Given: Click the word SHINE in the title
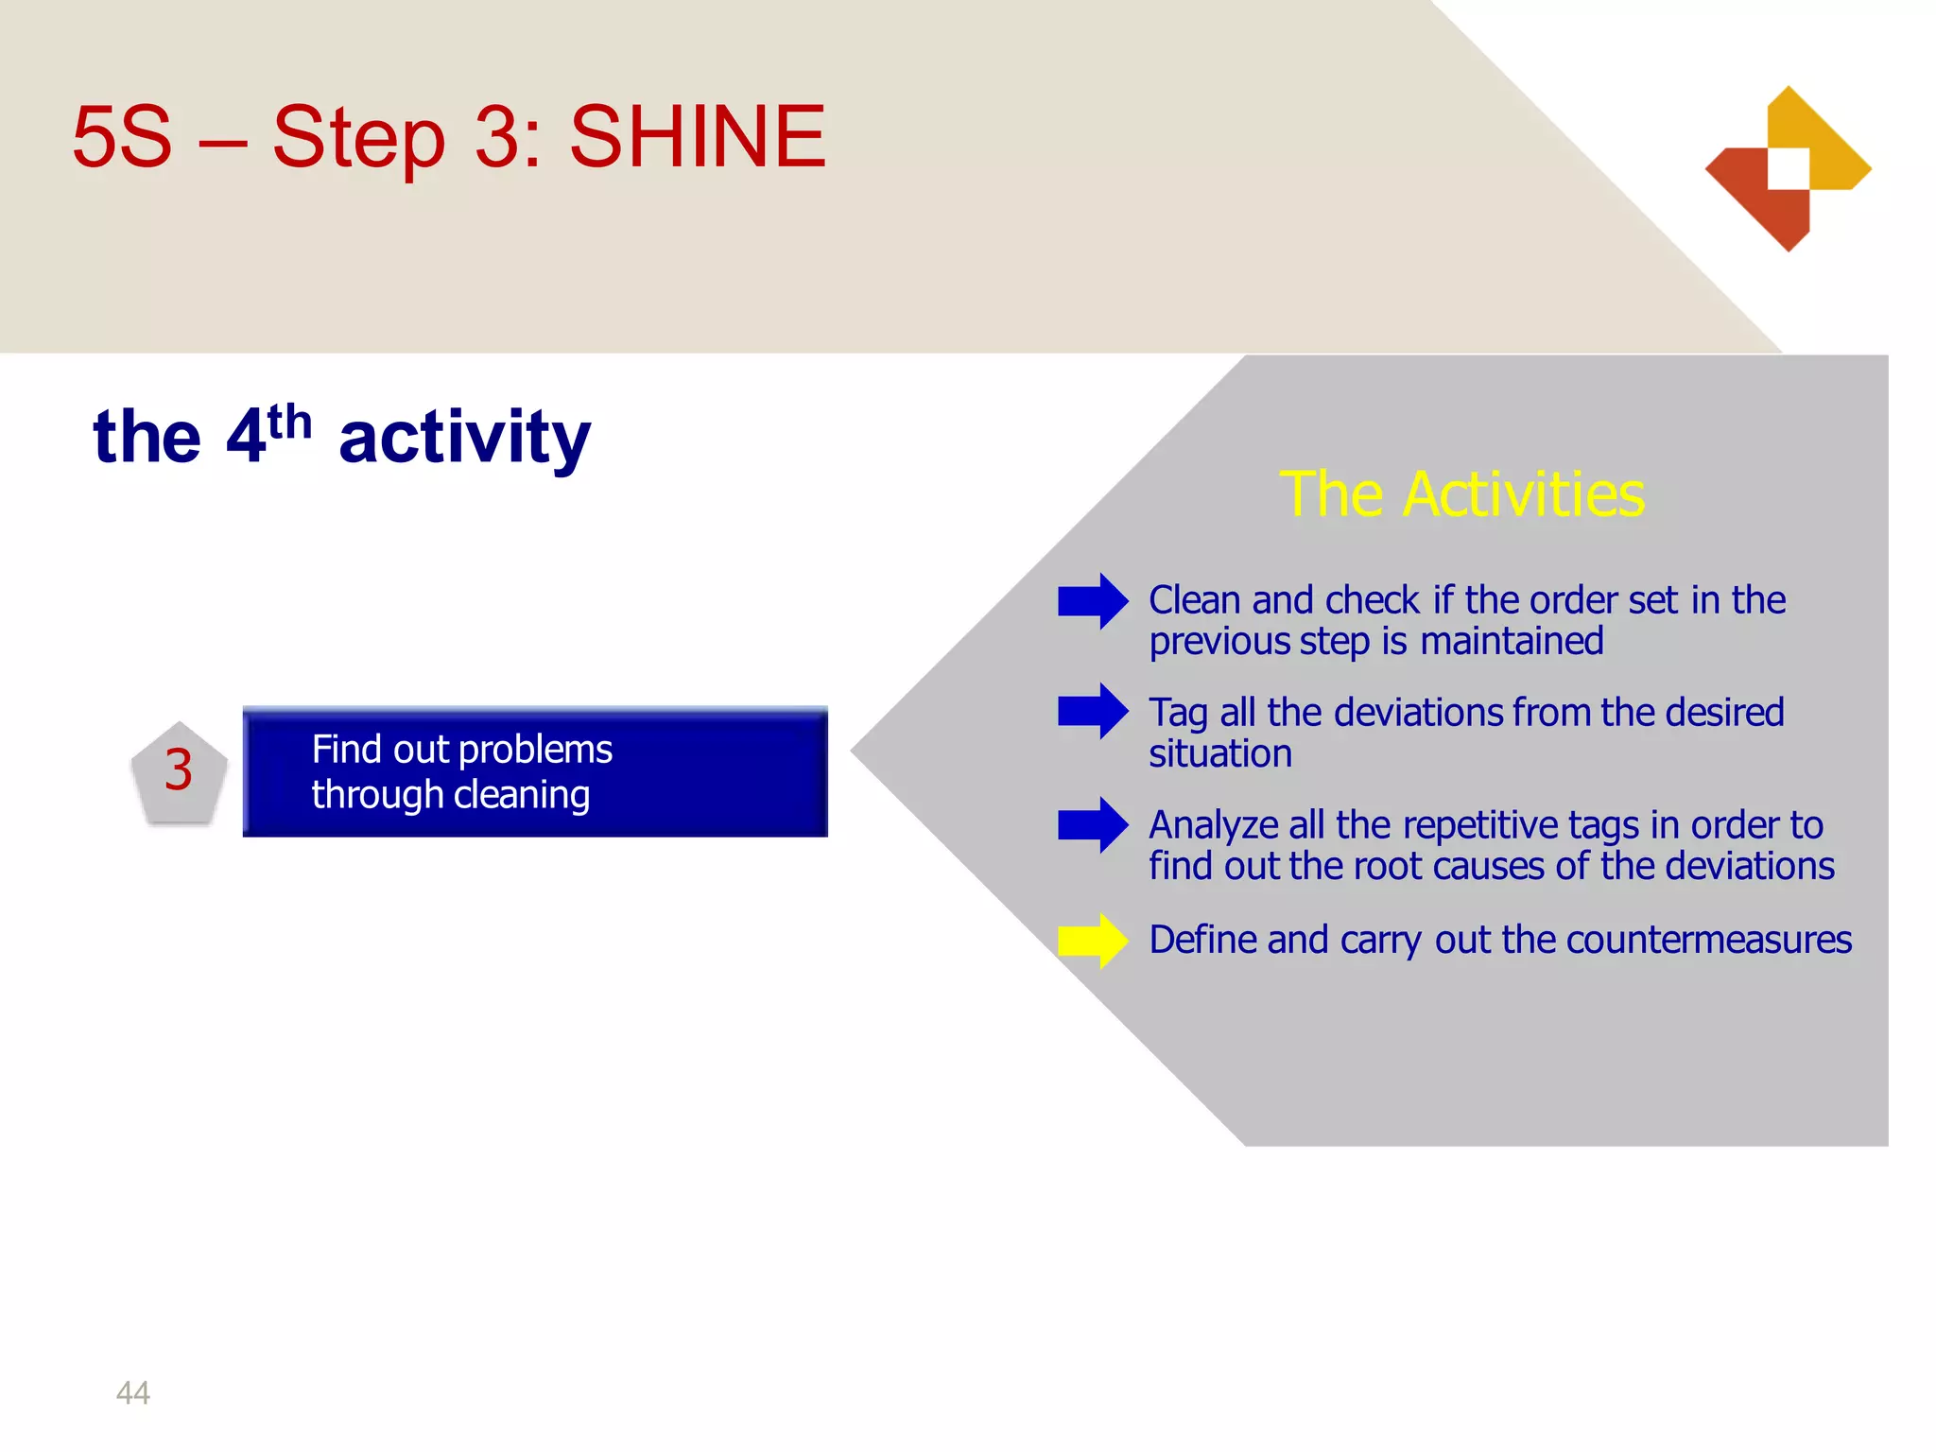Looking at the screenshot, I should (x=698, y=137).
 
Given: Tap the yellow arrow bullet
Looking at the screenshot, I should (x=1092, y=941).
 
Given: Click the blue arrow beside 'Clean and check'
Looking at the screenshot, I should (x=1092, y=600).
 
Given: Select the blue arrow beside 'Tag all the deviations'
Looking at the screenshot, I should (x=1092, y=711).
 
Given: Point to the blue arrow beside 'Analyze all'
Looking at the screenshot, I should (x=1092, y=824).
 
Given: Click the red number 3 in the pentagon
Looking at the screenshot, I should (x=179, y=770).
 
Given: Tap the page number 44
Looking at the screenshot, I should (x=132, y=1392).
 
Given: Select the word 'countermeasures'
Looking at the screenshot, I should (x=1708, y=940).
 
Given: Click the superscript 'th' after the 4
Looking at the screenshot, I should (x=289, y=422).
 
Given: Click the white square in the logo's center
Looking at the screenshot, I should (x=1789, y=169).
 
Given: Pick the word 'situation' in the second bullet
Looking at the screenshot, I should (x=1219, y=753).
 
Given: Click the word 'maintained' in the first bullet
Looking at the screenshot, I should (x=1512, y=641).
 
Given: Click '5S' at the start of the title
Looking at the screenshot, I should (x=123, y=137).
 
